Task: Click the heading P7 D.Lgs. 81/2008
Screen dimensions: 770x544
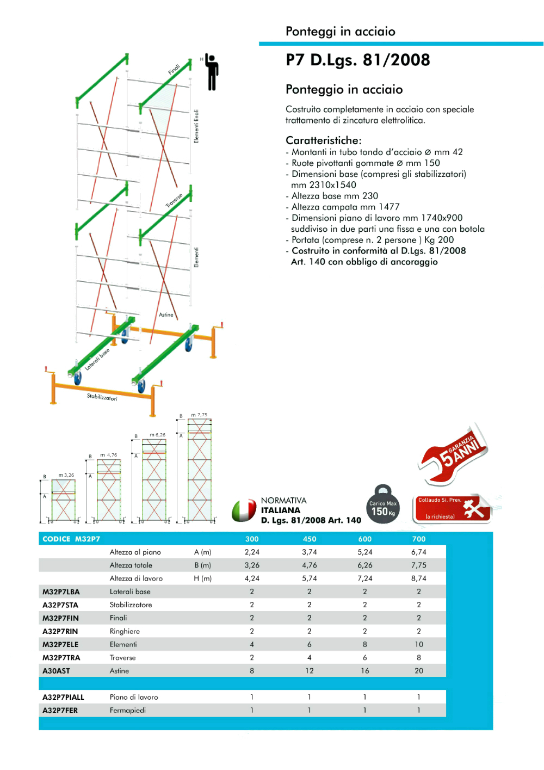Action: [357, 60]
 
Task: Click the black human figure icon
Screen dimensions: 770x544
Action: [212, 72]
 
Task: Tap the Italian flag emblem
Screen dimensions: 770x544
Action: [244, 510]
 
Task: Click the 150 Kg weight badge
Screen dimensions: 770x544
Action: [383, 506]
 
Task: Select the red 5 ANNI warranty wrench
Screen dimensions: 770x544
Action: [454, 454]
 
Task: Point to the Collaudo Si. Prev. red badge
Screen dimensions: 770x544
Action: [453, 508]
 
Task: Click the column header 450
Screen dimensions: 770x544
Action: [310, 539]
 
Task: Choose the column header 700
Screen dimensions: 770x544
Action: [419, 539]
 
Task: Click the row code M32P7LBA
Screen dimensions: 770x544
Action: [61, 592]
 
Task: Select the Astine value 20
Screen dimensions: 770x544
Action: [419, 671]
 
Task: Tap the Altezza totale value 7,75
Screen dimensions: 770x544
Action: [419, 565]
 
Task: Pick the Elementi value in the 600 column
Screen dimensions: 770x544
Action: [364, 644]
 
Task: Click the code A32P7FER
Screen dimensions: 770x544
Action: [60, 710]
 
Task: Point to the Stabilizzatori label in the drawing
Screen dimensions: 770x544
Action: [102, 397]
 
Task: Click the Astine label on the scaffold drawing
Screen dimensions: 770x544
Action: [166, 315]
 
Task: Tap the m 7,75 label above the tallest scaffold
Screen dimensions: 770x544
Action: [199, 415]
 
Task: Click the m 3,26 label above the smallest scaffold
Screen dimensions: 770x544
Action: [66, 475]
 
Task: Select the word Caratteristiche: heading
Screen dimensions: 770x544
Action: [323, 140]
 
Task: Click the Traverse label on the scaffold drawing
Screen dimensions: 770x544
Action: [174, 200]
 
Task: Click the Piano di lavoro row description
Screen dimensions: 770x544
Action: [134, 697]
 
